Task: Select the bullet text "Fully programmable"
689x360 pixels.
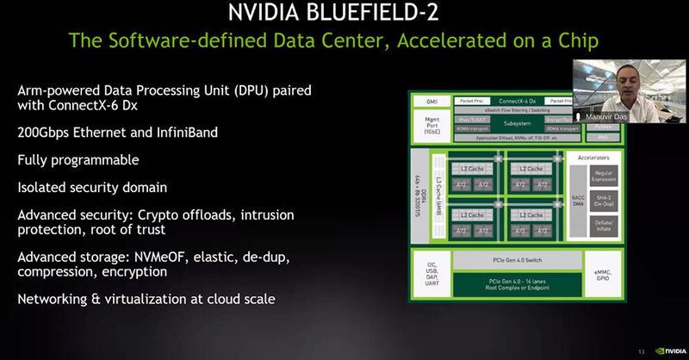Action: (78, 160)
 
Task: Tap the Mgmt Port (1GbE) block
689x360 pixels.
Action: (430, 124)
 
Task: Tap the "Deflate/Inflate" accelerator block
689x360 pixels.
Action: (603, 226)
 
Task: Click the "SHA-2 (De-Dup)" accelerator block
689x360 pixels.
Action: (603, 200)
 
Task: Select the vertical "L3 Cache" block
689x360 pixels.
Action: (439, 196)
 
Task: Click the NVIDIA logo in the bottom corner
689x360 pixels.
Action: (670, 351)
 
